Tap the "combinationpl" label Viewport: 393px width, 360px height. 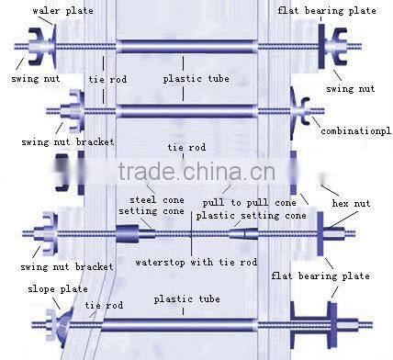355,131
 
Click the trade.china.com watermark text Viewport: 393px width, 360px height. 197,174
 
